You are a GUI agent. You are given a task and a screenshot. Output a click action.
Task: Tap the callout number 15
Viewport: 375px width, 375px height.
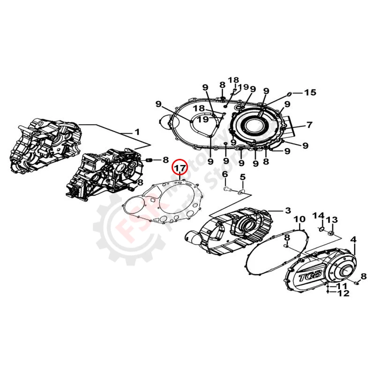(310, 92)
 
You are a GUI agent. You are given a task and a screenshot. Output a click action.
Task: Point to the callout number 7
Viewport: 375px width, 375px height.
(309, 125)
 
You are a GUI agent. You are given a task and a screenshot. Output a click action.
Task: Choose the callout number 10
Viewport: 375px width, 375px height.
(300, 219)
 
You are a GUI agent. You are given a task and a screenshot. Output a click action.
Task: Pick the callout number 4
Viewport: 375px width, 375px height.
(353, 240)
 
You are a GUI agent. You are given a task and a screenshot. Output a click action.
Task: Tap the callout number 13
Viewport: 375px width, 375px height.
(332, 219)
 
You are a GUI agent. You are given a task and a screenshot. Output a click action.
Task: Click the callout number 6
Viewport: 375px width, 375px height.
(225, 174)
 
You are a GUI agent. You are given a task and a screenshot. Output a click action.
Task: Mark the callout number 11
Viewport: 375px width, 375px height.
(343, 285)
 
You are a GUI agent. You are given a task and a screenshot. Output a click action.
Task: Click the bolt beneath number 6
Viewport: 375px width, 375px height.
(226, 189)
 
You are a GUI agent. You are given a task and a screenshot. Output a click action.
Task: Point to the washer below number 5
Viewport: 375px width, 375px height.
(240, 192)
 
